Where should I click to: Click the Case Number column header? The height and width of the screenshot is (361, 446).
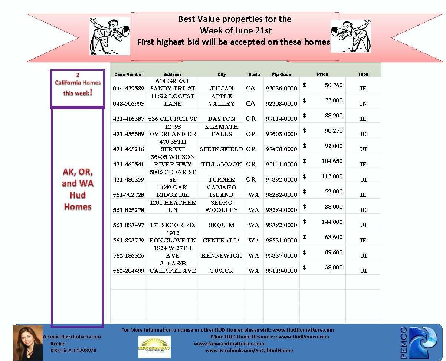pyautogui.click(x=128, y=74)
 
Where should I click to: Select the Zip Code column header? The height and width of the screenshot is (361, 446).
pyautogui.click(x=281, y=74)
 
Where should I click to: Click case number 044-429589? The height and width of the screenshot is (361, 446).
pyautogui.click(x=128, y=89)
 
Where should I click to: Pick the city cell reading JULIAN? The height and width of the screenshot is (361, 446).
pyautogui.click(x=222, y=89)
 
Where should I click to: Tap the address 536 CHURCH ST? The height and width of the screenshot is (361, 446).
pyautogui.click(x=173, y=119)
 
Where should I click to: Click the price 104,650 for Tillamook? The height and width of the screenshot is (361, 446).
pyautogui.click(x=332, y=161)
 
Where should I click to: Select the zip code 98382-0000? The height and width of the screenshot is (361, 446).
pyautogui.click(x=281, y=225)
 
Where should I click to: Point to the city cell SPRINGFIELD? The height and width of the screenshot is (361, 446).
pyautogui.click(x=222, y=149)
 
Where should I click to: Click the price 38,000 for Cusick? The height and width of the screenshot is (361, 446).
pyautogui.click(x=334, y=268)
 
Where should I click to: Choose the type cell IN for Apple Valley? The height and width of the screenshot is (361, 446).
pyautogui.click(x=363, y=104)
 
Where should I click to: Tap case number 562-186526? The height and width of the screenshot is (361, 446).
pyautogui.click(x=128, y=256)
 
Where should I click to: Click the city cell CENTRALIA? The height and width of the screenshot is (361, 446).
pyautogui.click(x=222, y=241)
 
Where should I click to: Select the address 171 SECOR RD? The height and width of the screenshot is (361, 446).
pyautogui.click(x=173, y=225)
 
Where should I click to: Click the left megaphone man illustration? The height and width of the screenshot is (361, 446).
pyautogui.click(x=110, y=36)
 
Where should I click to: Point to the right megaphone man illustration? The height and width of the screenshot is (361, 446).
pyautogui.click(x=350, y=36)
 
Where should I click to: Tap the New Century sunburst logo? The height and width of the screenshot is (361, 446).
pyautogui.click(x=154, y=347)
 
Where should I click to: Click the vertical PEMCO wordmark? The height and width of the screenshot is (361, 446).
pyautogui.click(x=404, y=343)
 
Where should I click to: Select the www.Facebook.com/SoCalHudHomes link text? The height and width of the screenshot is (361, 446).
pyautogui.click(x=249, y=350)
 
